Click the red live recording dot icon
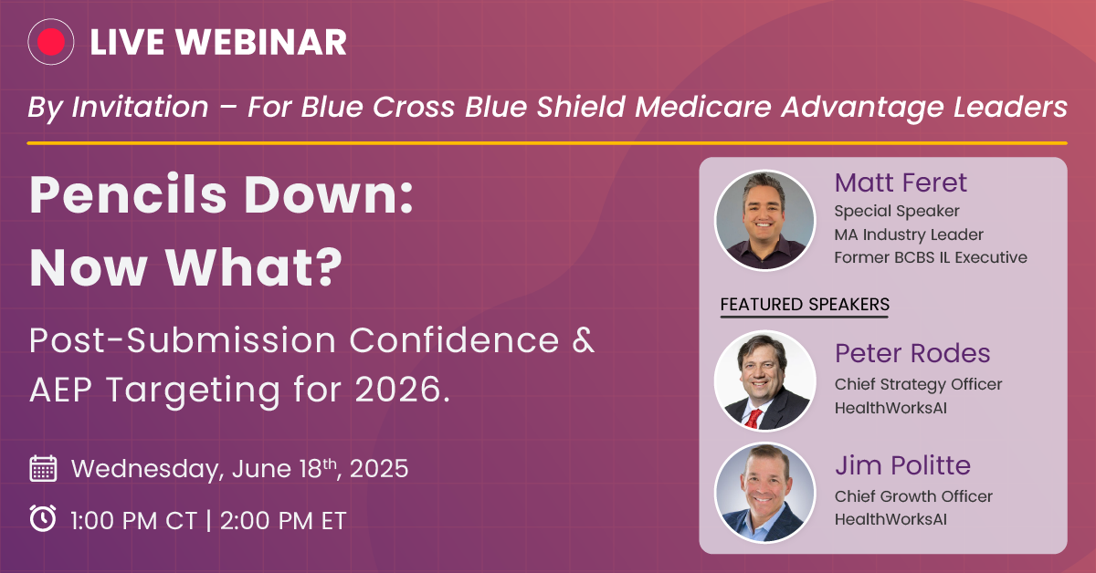pyautogui.click(x=51, y=42)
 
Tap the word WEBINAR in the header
pyautogui.click(x=262, y=42)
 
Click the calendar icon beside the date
pyautogui.click(x=43, y=468)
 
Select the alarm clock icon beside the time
pyautogui.click(x=43, y=518)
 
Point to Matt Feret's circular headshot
pyautogui.click(x=764, y=220)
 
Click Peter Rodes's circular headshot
pyautogui.click(x=764, y=380)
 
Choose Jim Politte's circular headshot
pyautogui.click(x=764, y=493)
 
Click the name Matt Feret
pyautogui.click(x=901, y=182)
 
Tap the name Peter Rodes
pyautogui.click(x=912, y=353)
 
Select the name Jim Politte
pyautogui.click(x=902, y=465)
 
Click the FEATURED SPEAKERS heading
pyautogui.click(x=805, y=305)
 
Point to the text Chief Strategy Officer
pyautogui.click(x=919, y=385)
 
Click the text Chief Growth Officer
pyautogui.click(x=913, y=496)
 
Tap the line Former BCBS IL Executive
pyautogui.click(x=931, y=257)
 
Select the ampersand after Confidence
pyautogui.click(x=583, y=339)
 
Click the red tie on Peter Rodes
pyautogui.click(x=753, y=419)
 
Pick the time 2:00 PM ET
pyautogui.click(x=283, y=520)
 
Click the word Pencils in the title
pyautogui.click(x=128, y=194)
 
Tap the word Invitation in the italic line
pyautogui.click(x=140, y=107)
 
